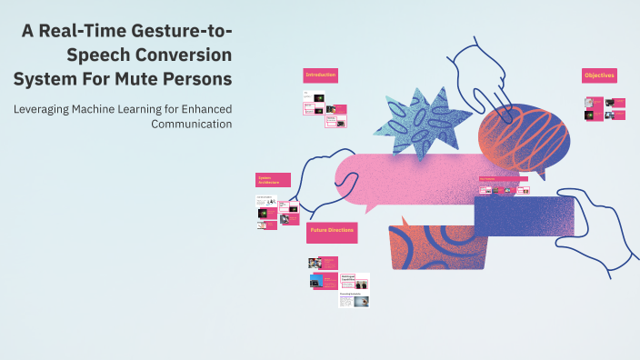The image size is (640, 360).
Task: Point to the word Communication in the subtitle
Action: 191,124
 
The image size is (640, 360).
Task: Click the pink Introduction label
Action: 320,75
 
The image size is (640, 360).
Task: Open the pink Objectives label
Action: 599,75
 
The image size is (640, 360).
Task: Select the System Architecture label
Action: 273,180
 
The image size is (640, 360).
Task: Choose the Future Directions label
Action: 332,233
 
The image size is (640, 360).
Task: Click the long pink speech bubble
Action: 409,177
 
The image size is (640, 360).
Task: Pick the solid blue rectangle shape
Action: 524,216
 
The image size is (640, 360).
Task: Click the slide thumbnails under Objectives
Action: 605,108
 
